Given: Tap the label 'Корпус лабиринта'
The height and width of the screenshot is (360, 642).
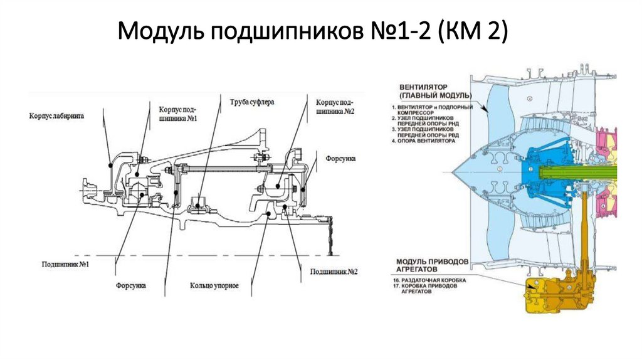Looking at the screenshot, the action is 56,115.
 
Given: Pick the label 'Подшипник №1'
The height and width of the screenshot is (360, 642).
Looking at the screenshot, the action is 63,265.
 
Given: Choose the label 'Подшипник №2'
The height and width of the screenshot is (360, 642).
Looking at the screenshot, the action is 333,272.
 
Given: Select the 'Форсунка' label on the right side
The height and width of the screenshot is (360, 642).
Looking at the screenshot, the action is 340,159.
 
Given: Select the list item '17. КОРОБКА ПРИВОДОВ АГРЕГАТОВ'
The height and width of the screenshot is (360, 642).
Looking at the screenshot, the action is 430,289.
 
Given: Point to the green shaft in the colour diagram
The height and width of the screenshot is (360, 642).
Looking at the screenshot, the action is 589,171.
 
